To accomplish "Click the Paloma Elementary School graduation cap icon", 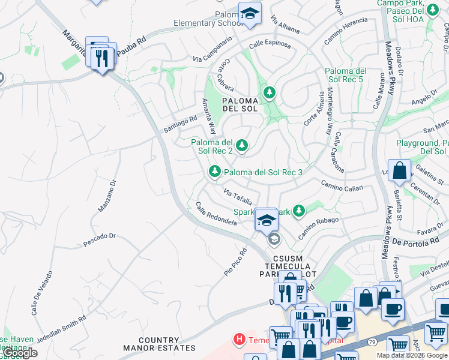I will pyautogui.click(x=250, y=13).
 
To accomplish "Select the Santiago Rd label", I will pyautogui.click(x=180, y=120).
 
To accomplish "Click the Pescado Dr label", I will pyautogui.click(x=99, y=239).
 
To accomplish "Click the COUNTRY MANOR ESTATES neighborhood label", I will pyautogui.click(x=160, y=344).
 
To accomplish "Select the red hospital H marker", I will pyautogui.click(x=240, y=340).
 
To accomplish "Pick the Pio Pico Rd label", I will pyautogui.click(x=236, y=262).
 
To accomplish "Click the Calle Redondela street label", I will pyautogui.click(x=216, y=214).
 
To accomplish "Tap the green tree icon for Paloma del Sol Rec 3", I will pyautogui.click(x=214, y=172).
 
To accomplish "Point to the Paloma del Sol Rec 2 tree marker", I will pyautogui.click(x=241, y=145).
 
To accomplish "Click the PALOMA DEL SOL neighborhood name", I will pyautogui.click(x=240, y=104).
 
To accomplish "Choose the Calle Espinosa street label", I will pyautogui.click(x=270, y=45).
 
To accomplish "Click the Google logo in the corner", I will pyautogui.click(x=20, y=352).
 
